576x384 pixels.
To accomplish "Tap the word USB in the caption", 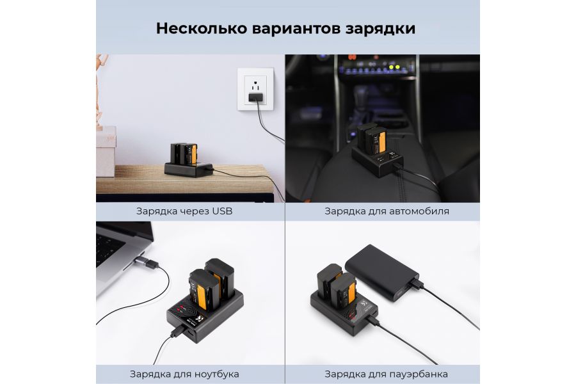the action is [x=222, y=211].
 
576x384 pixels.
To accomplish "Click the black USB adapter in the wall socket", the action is [x=256, y=98].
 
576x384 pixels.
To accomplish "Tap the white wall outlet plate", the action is [x=255, y=89].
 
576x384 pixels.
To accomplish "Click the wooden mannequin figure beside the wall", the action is [x=100, y=91].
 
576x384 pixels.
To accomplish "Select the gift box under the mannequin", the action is [x=106, y=152].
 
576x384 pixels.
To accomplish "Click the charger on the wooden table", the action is [x=188, y=161].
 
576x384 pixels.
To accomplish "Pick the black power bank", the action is [x=382, y=272].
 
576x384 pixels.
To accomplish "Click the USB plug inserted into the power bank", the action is [x=416, y=284].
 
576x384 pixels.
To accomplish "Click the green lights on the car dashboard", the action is [x=394, y=67].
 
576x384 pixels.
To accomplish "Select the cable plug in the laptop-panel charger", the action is [x=178, y=332].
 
